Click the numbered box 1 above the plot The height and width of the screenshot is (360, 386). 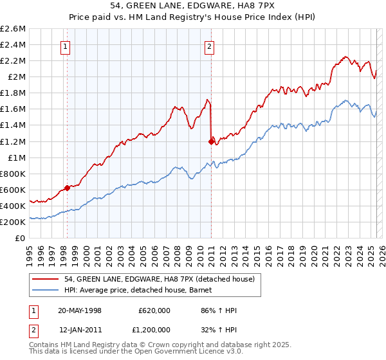point(67,46)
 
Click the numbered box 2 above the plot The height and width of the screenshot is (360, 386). point(210,46)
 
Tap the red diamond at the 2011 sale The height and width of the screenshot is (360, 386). point(211,141)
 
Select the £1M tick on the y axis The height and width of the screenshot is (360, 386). point(17,157)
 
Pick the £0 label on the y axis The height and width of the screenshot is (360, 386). point(21,238)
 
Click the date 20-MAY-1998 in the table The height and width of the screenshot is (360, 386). point(80,310)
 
